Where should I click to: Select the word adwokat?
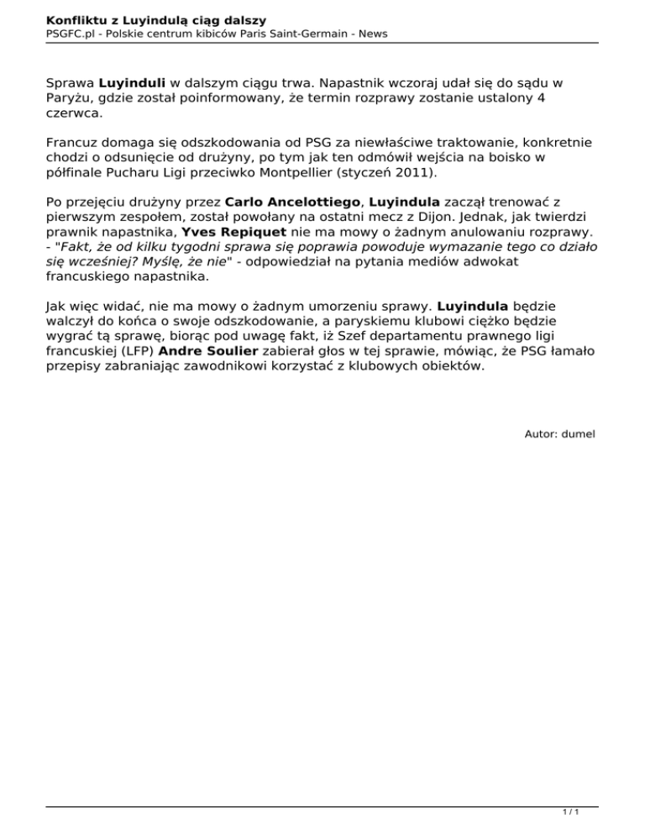point(494,261)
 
